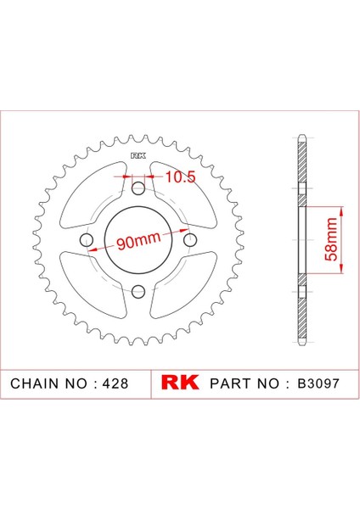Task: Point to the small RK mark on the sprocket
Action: [137, 156]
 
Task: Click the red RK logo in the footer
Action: [180, 383]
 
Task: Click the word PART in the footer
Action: [229, 383]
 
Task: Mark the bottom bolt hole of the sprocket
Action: [137, 292]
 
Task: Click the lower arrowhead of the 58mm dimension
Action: [340, 272]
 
